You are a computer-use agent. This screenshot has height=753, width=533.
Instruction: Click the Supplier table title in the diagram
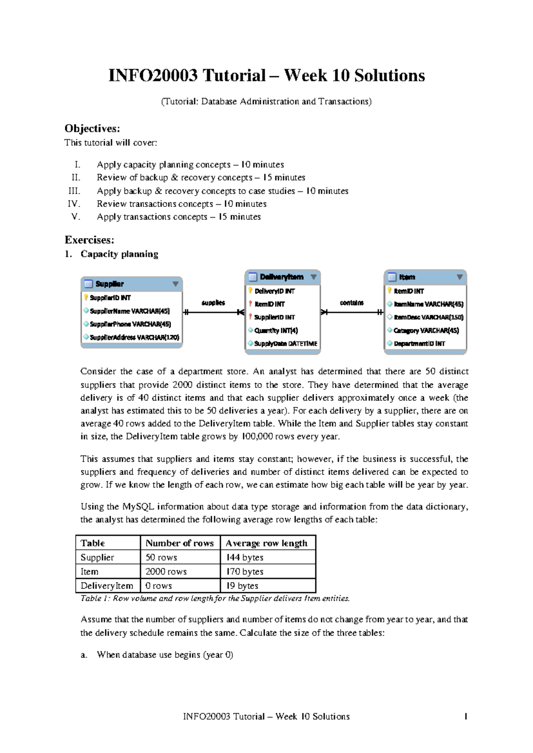[x=110, y=284]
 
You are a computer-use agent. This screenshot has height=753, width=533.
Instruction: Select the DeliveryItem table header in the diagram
[x=282, y=277]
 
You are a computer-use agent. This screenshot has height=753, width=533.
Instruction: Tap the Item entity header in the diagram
[x=407, y=277]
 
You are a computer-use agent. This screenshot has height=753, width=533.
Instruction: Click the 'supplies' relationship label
[x=213, y=303]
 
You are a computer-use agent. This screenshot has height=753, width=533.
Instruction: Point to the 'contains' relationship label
[x=352, y=303]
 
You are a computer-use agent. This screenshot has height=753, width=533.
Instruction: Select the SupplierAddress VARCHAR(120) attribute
[x=134, y=337]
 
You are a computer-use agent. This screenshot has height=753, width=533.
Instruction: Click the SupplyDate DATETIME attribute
[x=286, y=344]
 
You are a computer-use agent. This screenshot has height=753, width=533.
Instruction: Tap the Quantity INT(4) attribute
[x=276, y=331]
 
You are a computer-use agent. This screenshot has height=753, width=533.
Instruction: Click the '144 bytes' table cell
[x=245, y=557]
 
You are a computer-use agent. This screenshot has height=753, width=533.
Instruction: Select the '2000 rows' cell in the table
[x=166, y=571]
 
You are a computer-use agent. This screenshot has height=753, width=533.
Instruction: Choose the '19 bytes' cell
[x=242, y=586]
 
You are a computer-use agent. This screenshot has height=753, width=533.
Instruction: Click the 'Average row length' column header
[x=266, y=543]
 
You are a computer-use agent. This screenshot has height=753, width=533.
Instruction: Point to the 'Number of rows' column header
[x=179, y=543]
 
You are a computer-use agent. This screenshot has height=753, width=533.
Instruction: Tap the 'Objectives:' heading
[x=92, y=129]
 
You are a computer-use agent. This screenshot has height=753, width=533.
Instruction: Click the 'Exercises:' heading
[x=89, y=240]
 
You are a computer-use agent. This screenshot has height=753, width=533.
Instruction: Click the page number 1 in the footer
[x=465, y=717]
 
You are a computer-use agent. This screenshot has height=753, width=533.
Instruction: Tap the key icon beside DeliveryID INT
[x=251, y=291]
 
